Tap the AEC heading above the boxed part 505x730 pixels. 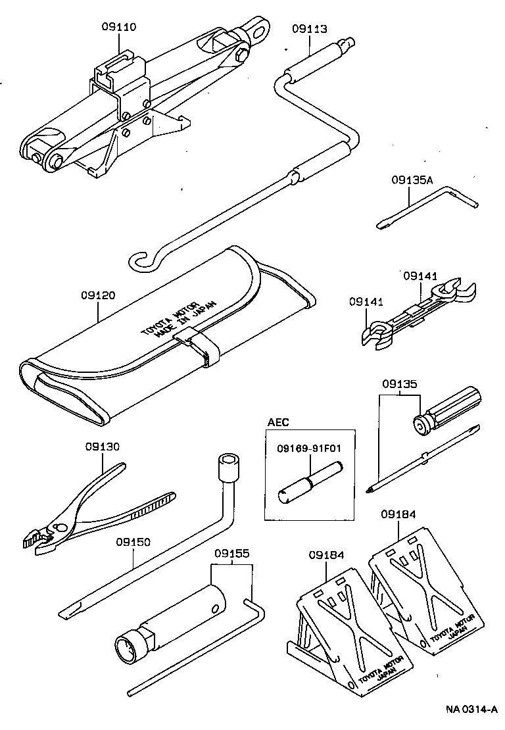tap(278, 422)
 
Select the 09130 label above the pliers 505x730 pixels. tap(103, 447)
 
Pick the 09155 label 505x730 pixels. tap(231, 554)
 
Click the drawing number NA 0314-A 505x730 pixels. tap(471, 709)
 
